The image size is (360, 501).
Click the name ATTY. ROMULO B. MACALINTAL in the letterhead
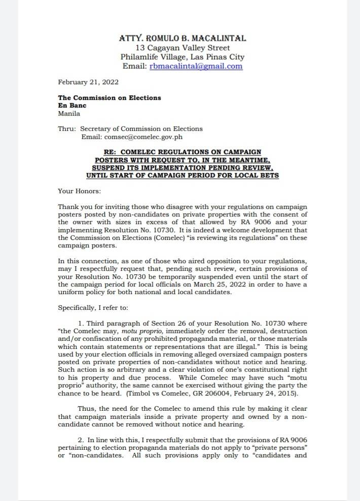pos(183,39)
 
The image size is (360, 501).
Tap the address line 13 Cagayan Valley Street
pos(183,48)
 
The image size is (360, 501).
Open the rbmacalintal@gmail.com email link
pos(196,66)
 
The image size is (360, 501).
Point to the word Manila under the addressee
pos(69,114)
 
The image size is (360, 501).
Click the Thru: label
pos(67,129)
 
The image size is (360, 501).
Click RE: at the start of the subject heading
pos(111,152)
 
